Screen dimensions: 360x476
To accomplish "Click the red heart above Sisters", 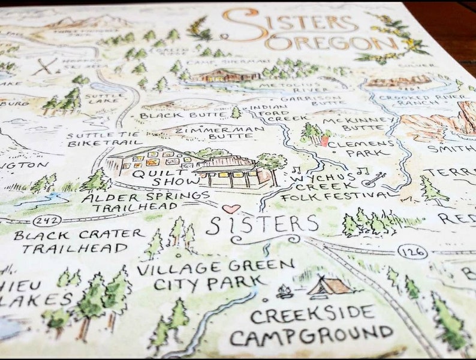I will click(x=231, y=208).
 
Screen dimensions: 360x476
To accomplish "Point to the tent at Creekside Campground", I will click(x=329, y=288).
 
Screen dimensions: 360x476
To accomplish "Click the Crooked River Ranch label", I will click(x=426, y=102).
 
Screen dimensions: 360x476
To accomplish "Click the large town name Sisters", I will click(x=263, y=225).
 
